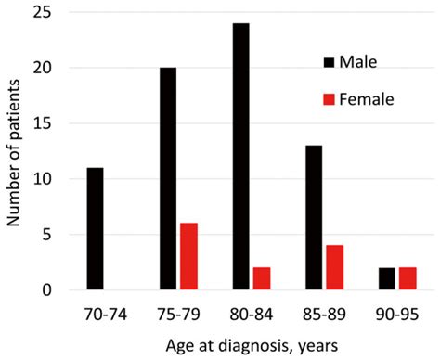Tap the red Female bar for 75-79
[x=188, y=257]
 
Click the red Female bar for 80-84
[x=263, y=279]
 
